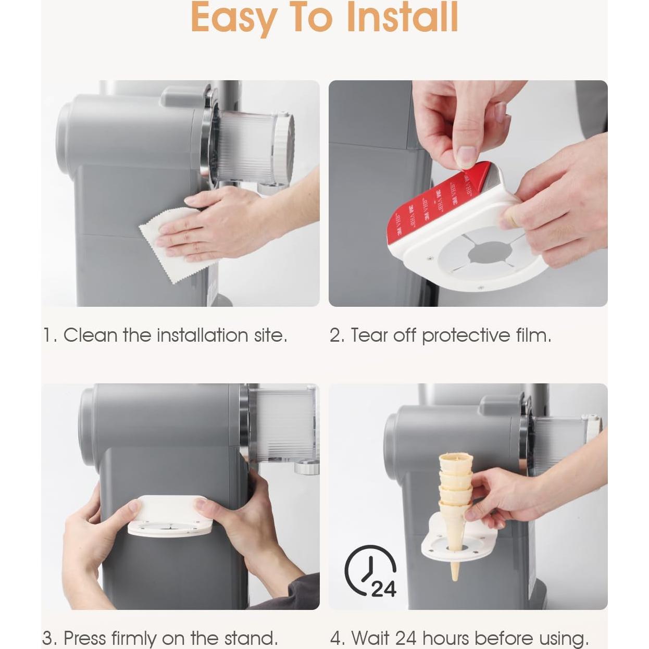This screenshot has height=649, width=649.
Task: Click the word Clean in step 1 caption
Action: click(x=91, y=335)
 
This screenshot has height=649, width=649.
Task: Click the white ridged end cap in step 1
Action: click(x=283, y=149)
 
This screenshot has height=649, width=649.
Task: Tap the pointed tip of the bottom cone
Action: click(x=455, y=580)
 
